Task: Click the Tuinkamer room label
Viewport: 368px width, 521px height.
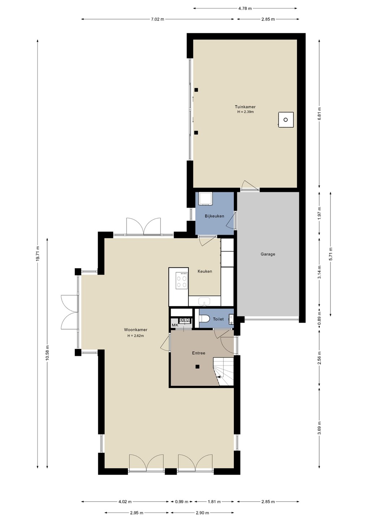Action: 245,107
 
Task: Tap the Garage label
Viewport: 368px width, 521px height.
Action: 268,254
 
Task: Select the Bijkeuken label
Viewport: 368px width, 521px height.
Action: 214,216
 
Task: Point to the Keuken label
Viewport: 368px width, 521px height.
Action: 205,271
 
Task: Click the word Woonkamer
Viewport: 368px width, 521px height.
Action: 136,330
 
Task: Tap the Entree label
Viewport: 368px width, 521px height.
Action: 198,353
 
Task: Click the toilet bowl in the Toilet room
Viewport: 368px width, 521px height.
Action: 205,319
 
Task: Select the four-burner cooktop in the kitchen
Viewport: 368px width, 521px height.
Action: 182,281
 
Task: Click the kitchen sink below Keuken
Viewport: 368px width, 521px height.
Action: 204,301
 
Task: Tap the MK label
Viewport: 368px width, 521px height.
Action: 175,325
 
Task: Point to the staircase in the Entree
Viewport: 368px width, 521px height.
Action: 223,372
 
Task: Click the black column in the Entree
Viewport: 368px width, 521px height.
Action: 197,367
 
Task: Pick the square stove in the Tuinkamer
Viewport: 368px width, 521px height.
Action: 286,120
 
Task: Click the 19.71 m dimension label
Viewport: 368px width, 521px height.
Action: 38,254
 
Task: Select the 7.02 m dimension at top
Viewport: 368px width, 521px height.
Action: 158,19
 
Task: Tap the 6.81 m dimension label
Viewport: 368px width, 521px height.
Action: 319,114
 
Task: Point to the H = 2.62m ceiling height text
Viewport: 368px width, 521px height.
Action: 136,336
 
